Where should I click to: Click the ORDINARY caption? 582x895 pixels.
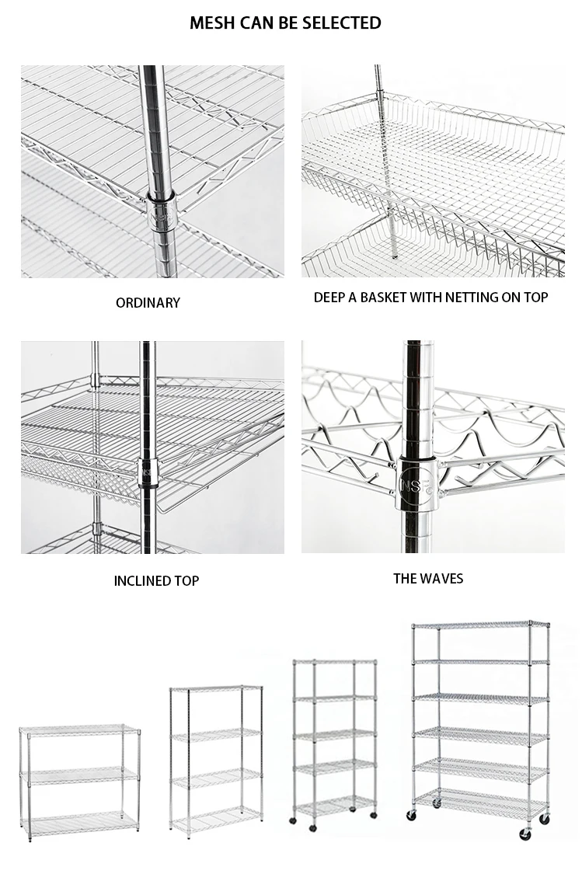point(148,303)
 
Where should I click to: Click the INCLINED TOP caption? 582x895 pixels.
point(156,581)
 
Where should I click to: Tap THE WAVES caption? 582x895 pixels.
point(428,578)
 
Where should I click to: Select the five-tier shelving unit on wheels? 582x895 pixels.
point(334,738)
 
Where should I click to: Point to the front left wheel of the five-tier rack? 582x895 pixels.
point(293,820)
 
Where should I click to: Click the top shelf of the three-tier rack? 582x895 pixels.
point(79,730)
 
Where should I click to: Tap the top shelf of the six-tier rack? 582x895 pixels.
point(479,625)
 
